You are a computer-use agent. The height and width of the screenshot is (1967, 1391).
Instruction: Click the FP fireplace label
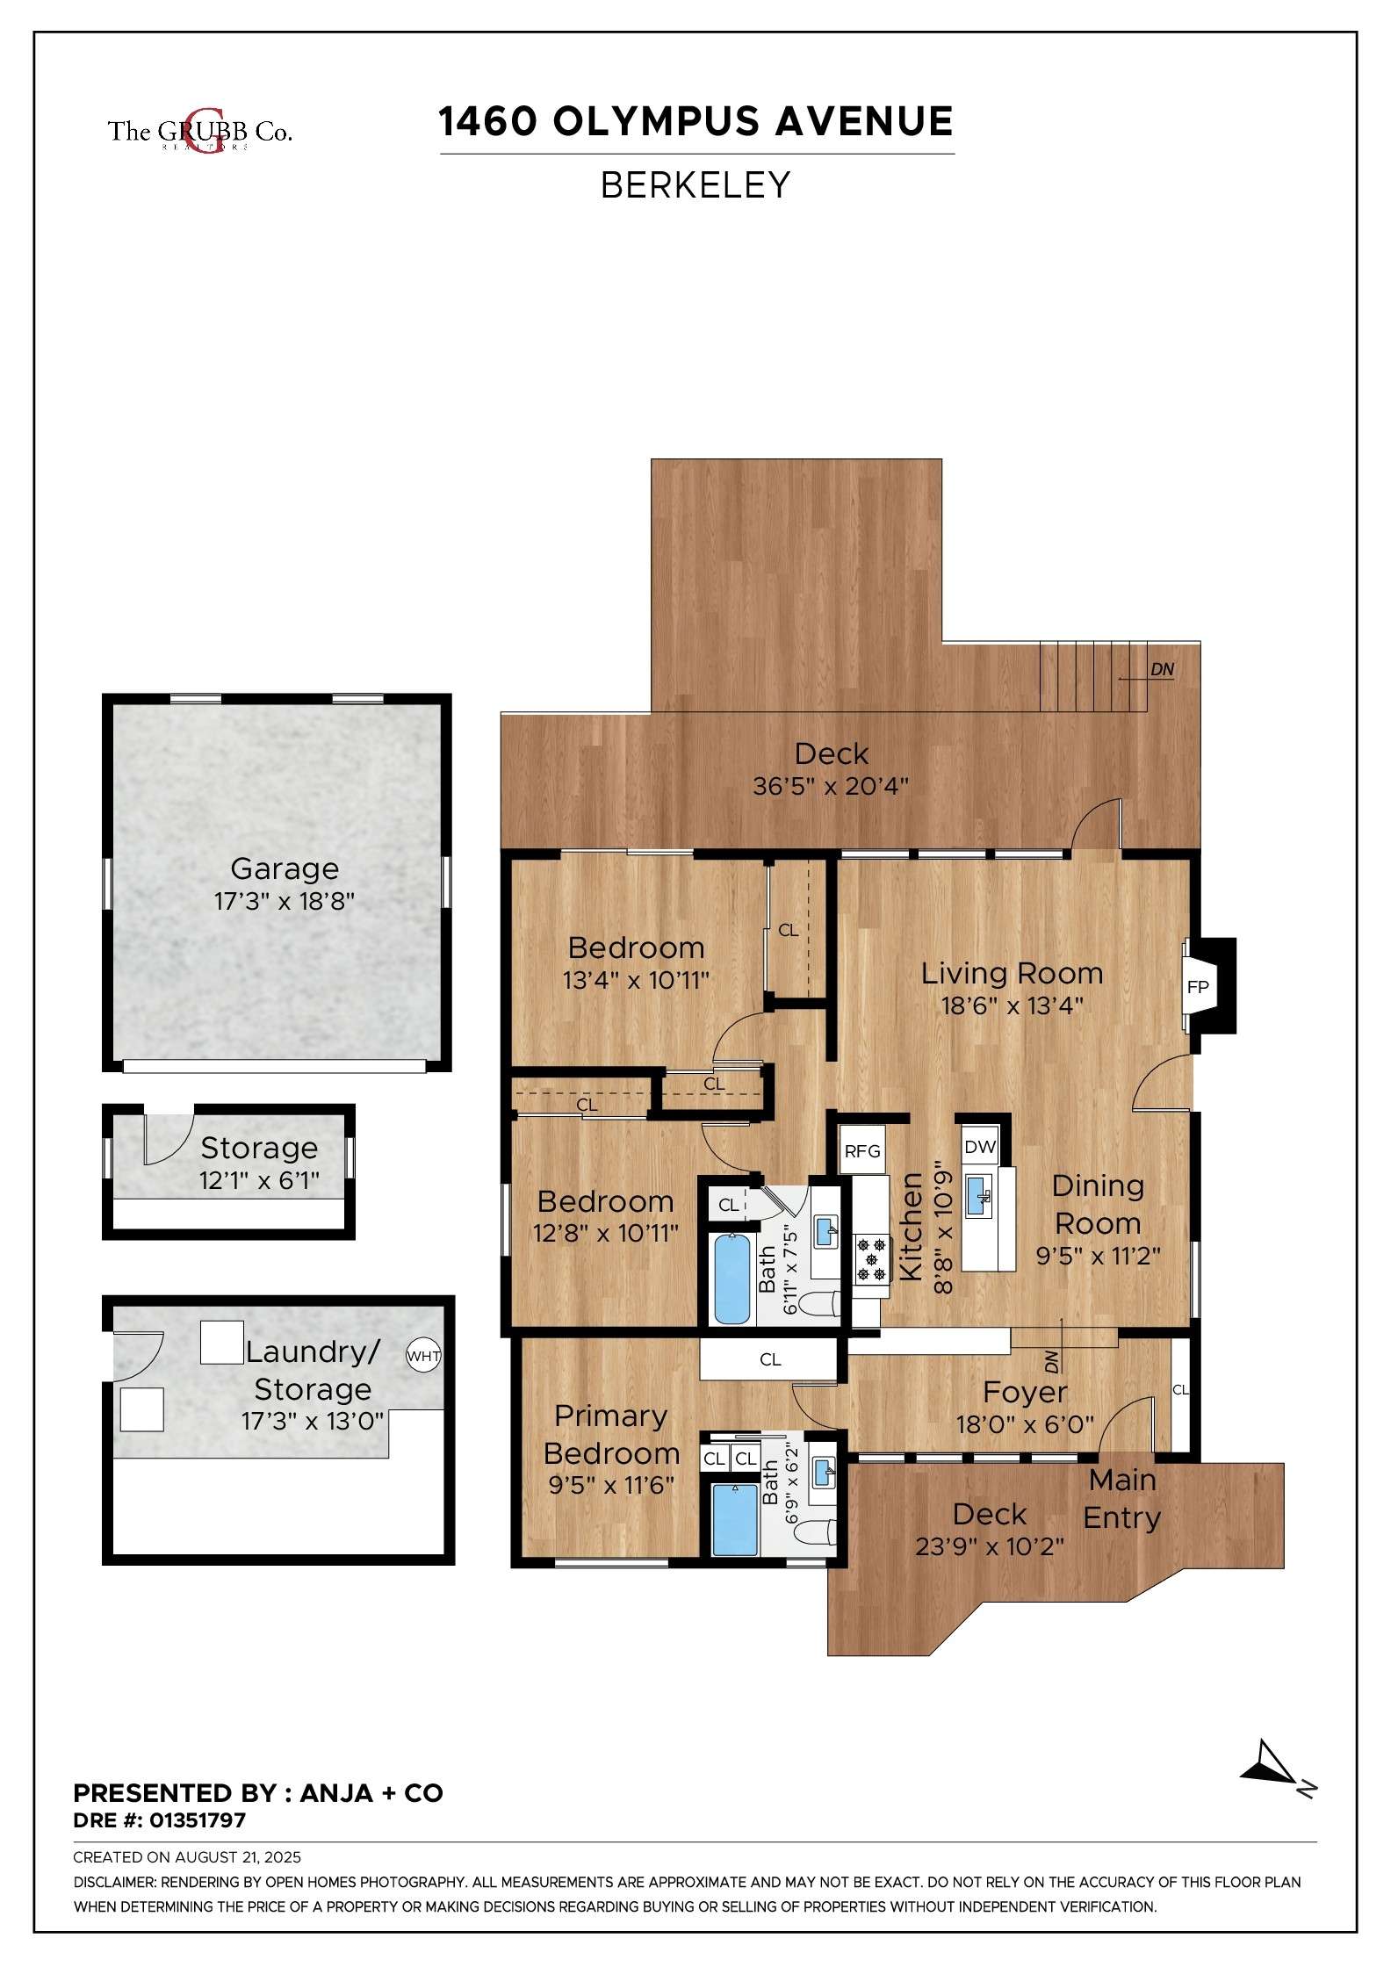[1198, 987]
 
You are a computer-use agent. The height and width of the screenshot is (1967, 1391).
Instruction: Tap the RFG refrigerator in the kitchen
[862, 1150]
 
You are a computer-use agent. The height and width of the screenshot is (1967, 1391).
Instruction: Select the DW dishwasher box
[980, 1146]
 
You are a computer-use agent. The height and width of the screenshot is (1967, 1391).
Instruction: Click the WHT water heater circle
[423, 1356]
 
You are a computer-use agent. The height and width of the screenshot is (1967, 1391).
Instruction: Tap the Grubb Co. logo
[200, 132]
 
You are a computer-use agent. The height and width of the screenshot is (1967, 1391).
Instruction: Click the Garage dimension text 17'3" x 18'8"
[285, 902]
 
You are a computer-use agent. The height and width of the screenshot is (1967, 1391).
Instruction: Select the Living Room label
[1012, 973]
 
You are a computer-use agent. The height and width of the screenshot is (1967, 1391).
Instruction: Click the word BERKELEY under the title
[695, 185]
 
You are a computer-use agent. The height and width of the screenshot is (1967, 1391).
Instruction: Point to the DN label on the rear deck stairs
[1163, 669]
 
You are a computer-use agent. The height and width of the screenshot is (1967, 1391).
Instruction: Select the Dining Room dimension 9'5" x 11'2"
[1098, 1256]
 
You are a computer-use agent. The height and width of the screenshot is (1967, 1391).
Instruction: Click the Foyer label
[1025, 1392]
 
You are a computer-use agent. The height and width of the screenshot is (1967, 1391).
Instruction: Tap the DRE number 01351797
[198, 1820]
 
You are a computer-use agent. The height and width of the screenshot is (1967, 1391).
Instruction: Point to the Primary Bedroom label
[611, 1434]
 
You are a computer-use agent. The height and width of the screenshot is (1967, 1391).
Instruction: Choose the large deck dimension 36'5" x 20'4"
[830, 786]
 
